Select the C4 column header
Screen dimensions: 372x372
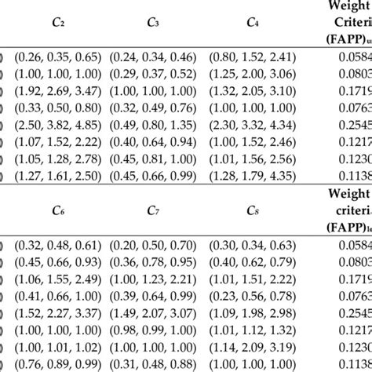tap(253, 24)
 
